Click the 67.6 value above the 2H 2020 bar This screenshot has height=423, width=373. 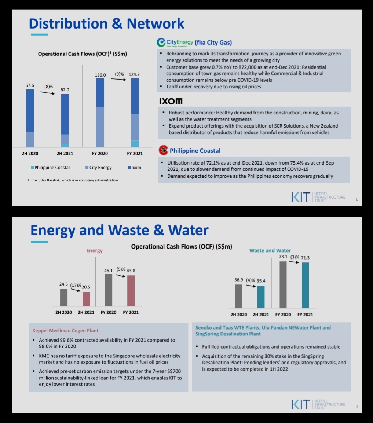(30, 85)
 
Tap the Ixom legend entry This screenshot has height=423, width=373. (134, 168)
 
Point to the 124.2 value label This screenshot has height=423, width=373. (134, 74)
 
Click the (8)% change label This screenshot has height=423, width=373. (49, 87)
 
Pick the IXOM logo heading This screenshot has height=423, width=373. (171, 101)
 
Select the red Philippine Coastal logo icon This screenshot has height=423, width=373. (164, 150)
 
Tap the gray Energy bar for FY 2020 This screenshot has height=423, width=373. (108, 290)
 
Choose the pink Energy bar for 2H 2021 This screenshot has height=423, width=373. (86, 299)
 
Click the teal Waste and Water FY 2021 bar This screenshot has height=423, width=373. (305, 285)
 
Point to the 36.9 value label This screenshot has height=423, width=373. (239, 280)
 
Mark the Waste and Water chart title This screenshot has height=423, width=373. (270, 250)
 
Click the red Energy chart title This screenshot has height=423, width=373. (94, 251)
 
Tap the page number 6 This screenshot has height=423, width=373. (357, 199)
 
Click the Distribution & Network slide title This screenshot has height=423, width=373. (106, 23)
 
